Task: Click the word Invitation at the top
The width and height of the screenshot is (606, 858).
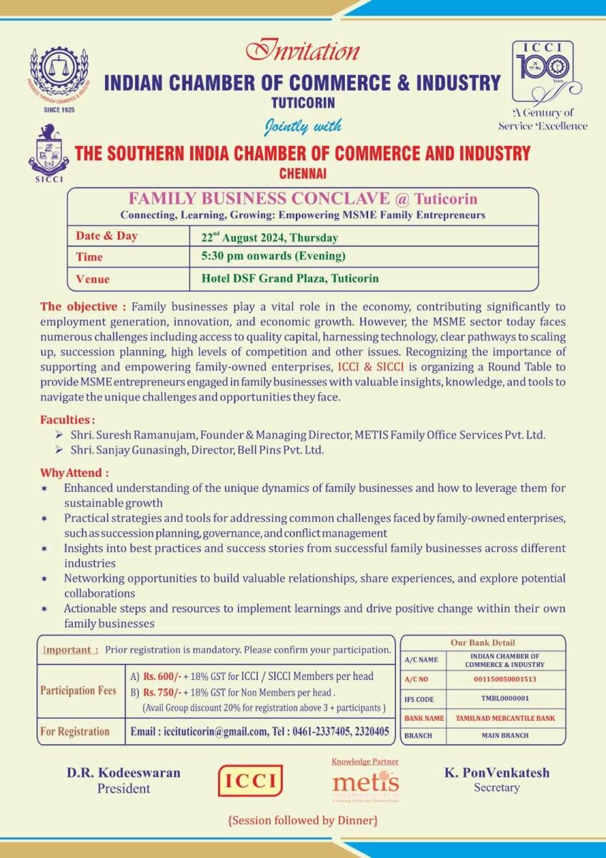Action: [x=302, y=51]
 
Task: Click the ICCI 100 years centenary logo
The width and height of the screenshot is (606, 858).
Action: [x=542, y=72]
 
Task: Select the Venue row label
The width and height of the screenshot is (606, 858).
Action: [x=93, y=279]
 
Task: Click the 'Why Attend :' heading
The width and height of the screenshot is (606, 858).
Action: [x=74, y=473]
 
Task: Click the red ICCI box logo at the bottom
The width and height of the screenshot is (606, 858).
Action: [x=250, y=781]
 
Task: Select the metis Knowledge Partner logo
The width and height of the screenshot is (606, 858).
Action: [x=365, y=781]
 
